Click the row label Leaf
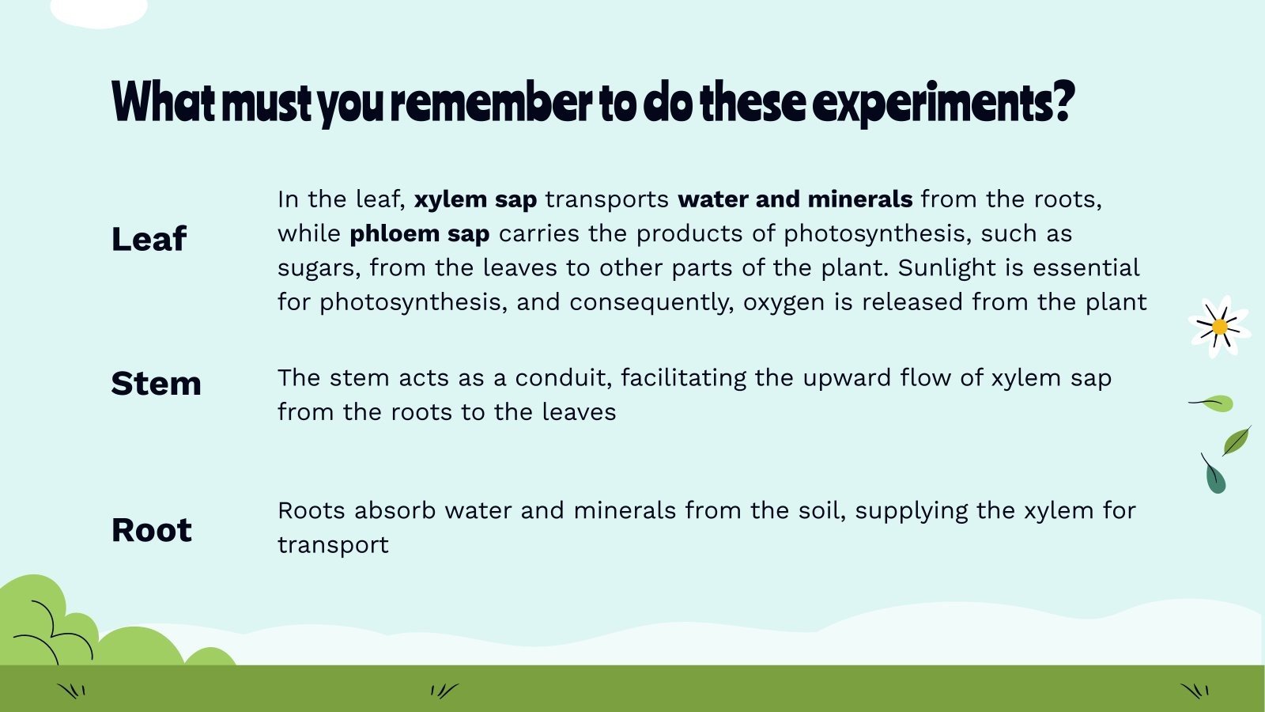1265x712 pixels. pos(149,239)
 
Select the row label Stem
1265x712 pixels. pos(156,384)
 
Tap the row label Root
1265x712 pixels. pos(151,530)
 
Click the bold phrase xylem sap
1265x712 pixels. pos(475,199)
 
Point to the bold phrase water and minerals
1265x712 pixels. pos(795,199)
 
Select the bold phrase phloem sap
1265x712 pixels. pos(419,234)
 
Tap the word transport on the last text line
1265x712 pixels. pos(333,545)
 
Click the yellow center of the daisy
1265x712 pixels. pos(1219,327)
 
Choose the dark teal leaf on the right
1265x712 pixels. pos(1215,478)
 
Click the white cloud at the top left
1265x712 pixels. pos(99,11)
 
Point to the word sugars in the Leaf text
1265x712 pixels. pos(319,268)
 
